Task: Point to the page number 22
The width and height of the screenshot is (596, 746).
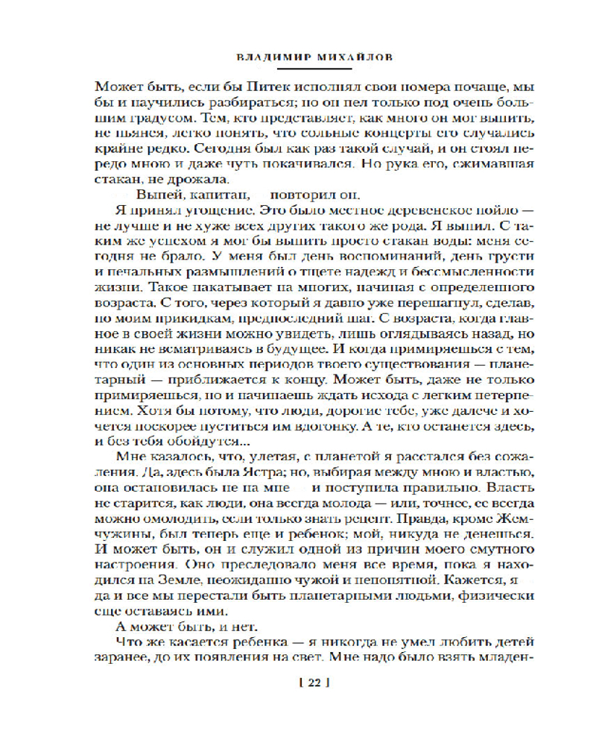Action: point(313,682)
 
